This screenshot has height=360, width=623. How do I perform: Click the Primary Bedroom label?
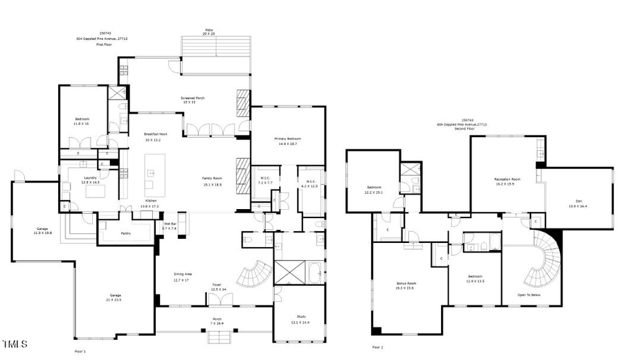(290, 138)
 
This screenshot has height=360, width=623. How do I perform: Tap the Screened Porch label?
(192, 98)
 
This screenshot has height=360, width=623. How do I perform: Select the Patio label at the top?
(209, 30)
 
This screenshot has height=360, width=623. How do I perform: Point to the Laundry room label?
(90, 177)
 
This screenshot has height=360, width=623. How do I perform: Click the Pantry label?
(126, 233)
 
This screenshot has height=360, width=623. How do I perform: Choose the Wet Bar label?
(170, 224)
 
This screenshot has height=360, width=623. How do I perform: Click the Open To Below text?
(528, 295)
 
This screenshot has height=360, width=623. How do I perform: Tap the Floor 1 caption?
(80, 352)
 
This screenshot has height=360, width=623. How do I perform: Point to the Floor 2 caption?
(378, 347)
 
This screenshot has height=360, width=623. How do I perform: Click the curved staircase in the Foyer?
(253, 274)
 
